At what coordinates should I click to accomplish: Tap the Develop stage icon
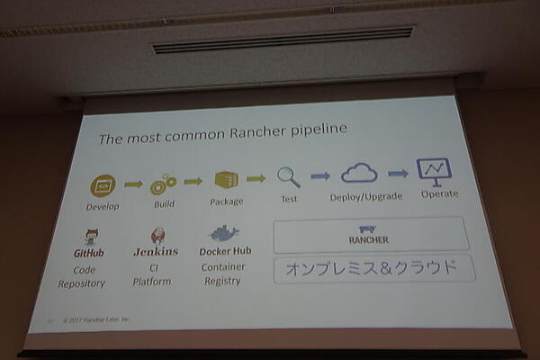(x=103, y=185)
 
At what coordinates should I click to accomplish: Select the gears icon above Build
(x=163, y=184)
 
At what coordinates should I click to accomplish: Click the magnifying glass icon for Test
(x=288, y=176)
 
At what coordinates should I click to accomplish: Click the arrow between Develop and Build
(x=133, y=184)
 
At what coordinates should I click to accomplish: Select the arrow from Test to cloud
(x=319, y=175)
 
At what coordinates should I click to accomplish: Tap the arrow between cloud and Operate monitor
(x=397, y=172)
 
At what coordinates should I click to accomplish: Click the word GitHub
(x=89, y=253)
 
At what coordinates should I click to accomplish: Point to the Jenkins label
(x=156, y=252)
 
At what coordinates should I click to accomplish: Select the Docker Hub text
(x=225, y=251)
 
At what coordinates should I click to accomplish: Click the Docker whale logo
(x=223, y=234)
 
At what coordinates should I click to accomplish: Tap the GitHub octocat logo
(x=91, y=238)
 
